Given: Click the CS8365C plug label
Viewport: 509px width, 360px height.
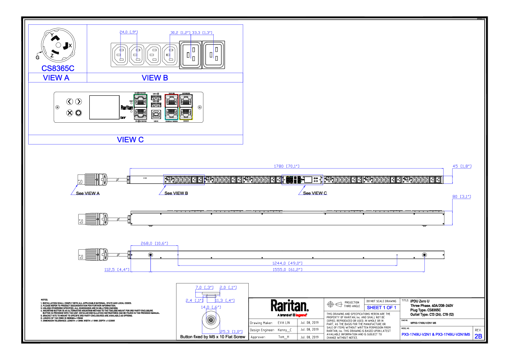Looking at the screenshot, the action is (x=58, y=68).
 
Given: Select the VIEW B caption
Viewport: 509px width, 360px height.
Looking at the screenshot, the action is (x=155, y=78).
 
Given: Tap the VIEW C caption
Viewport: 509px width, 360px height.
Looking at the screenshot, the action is (x=130, y=140).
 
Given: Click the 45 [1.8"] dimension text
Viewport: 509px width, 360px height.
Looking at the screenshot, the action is (x=462, y=166).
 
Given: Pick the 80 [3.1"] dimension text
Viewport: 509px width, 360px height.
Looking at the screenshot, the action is (x=462, y=197).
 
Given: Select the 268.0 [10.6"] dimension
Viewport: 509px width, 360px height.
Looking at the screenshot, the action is (x=154, y=243).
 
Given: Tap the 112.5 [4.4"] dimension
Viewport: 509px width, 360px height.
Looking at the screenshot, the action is (x=117, y=270).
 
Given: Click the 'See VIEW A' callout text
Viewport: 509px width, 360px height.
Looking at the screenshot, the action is (x=88, y=193).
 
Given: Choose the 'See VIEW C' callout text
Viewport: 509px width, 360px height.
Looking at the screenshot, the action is (x=315, y=193).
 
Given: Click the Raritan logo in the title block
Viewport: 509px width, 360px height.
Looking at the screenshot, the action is (x=289, y=306).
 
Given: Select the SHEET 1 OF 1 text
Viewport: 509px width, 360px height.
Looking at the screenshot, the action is (x=381, y=307).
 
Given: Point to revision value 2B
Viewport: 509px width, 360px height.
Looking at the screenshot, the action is (x=478, y=336).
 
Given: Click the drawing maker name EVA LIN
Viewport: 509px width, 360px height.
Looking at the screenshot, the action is (x=284, y=322).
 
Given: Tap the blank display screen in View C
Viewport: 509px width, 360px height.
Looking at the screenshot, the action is (x=104, y=107).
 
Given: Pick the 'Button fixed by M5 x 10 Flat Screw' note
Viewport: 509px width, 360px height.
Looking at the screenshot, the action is (x=212, y=337).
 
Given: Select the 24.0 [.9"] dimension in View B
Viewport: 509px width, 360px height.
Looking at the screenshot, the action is (x=128, y=32).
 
